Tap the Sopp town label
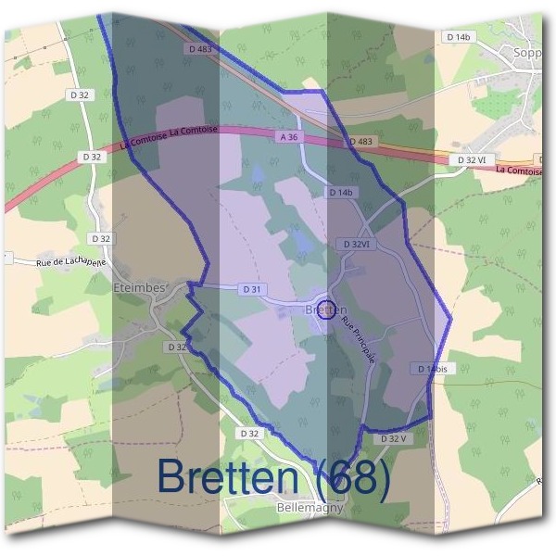pyautogui.click(x=527, y=53)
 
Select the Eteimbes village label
pyautogui.click(x=138, y=288)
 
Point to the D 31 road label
pyautogui.click(x=251, y=289)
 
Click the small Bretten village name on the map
pyautogui.click(x=325, y=310)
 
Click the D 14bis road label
pyautogui.click(x=433, y=368)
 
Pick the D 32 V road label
pyautogui.click(x=394, y=438)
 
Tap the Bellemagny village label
pyautogui.click(x=310, y=508)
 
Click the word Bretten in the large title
pyautogui.click(x=232, y=476)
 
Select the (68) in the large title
pyautogui.click(x=355, y=476)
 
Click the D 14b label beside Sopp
pyautogui.click(x=459, y=37)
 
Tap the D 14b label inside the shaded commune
pyautogui.click(x=341, y=192)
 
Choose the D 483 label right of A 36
pyautogui.click(x=360, y=142)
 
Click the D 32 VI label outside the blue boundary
pyautogui.click(x=472, y=160)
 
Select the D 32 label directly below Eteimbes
pyautogui.click(x=177, y=347)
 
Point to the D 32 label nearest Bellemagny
pyautogui.click(x=248, y=433)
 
